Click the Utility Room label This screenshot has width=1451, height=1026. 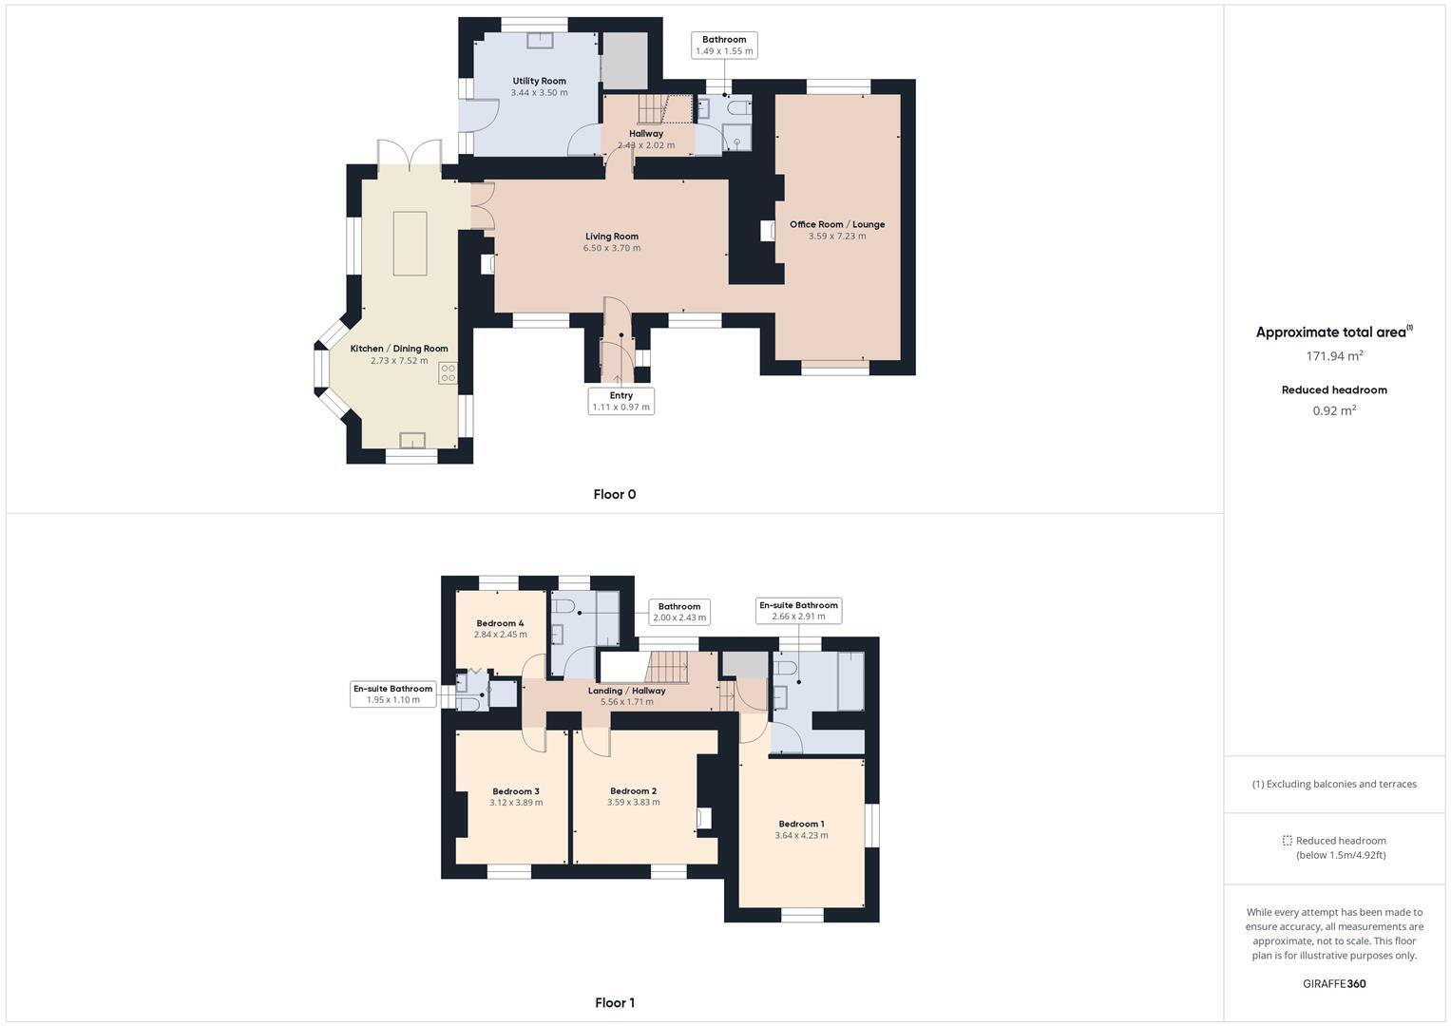(x=539, y=81)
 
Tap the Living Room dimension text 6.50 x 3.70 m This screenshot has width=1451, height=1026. (x=612, y=249)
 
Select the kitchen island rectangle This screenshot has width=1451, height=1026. (x=410, y=243)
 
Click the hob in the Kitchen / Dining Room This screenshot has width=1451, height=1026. (x=448, y=373)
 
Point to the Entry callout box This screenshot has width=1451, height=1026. (x=620, y=401)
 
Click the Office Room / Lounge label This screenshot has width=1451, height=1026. (x=837, y=224)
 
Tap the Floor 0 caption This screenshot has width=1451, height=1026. (x=614, y=494)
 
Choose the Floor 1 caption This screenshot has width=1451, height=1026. (x=614, y=1002)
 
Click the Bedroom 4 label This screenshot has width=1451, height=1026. (x=500, y=623)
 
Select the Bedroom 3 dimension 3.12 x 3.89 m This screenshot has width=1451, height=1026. (x=516, y=803)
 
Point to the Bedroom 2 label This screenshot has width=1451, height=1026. (x=633, y=790)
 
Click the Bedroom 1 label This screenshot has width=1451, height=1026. (x=801, y=824)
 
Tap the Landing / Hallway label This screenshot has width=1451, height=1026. (x=627, y=691)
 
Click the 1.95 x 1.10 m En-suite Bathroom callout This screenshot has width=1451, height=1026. (x=392, y=694)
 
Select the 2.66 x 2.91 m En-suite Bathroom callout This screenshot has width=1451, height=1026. (x=798, y=610)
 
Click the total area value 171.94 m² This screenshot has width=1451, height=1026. (x=1334, y=356)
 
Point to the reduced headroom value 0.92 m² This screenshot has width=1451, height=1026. (x=1334, y=410)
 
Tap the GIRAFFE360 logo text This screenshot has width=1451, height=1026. (x=1334, y=983)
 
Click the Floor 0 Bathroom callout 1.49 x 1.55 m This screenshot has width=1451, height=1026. (x=724, y=46)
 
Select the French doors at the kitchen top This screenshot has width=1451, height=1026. (x=410, y=156)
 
